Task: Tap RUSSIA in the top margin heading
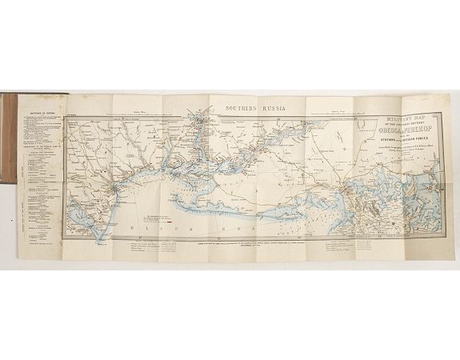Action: (x=275, y=104)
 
